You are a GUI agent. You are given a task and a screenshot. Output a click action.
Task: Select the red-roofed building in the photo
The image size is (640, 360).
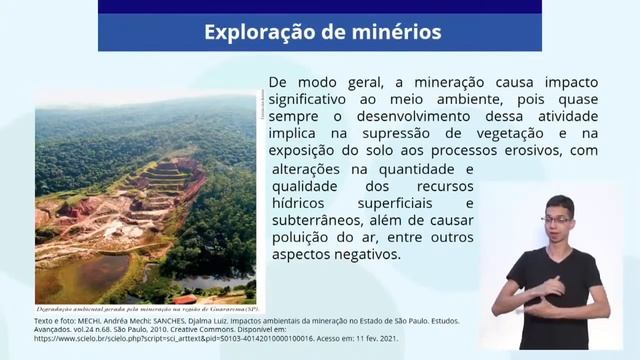[185, 298]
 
